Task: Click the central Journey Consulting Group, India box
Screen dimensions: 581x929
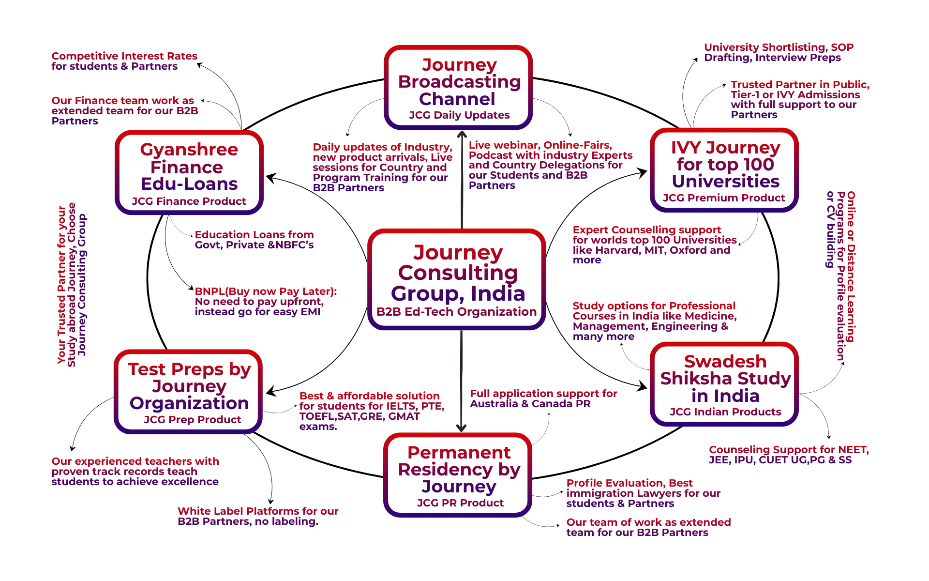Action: click(457, 279)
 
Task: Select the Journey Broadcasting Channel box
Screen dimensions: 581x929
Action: click(458, 88)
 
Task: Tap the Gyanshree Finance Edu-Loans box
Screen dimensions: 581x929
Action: click(189, 172)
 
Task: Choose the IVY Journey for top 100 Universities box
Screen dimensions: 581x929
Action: click(724, 170)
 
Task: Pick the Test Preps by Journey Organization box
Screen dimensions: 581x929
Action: click(188, 391)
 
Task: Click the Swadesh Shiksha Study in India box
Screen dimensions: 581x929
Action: click(724, 384)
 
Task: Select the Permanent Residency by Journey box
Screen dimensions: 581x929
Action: click(458, 474)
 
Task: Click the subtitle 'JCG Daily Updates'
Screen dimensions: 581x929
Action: click(459, 115)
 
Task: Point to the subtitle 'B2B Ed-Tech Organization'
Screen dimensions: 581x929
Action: click(456, 312)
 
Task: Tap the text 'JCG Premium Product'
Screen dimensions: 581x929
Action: click(724, 198)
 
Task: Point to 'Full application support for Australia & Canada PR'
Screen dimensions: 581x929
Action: click(543, 398)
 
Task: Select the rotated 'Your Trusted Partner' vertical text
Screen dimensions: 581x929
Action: click(72, 285)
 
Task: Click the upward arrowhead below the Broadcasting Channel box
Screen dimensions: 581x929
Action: click(462, 134)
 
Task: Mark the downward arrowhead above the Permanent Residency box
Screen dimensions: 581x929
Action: click(461, 428)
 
